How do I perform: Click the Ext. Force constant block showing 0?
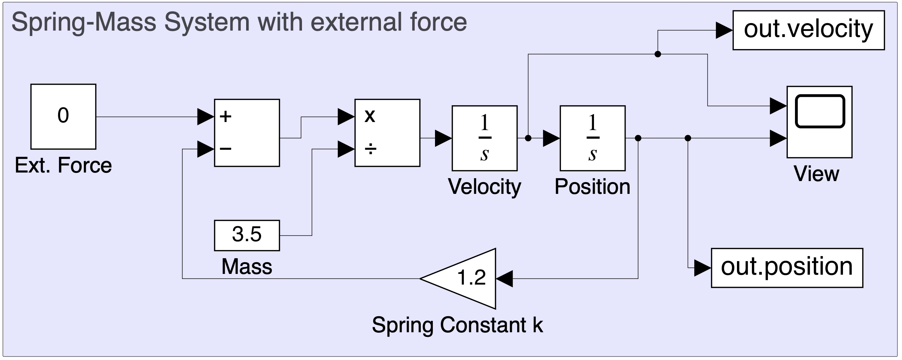63,117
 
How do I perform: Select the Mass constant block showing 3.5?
247,235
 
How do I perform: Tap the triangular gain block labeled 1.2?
458,279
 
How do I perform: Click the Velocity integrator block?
484,138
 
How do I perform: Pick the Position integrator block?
593,138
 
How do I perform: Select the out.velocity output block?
808,30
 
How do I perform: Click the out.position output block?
787,268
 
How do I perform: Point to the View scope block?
819,122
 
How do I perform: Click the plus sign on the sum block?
225,116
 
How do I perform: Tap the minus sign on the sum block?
225,149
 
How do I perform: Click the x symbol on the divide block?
370,116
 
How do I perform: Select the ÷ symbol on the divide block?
370,149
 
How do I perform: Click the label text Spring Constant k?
457,325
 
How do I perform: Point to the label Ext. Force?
63,165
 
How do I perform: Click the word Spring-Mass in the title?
84,22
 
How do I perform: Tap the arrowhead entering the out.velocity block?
725,30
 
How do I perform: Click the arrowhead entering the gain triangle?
504,279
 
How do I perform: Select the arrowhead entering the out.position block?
703,268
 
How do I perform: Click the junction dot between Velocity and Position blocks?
528,138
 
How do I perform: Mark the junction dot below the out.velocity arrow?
658,54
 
